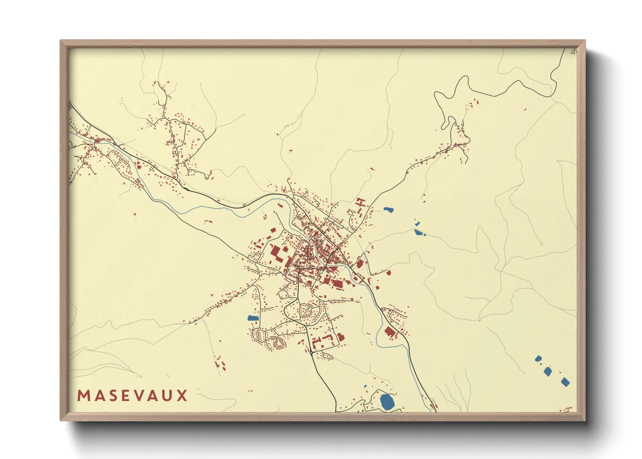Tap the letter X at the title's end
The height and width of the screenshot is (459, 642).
(x=182, y=396)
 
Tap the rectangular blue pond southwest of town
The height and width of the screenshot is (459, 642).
(x=252, y=318)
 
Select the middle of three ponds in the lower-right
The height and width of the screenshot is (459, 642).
(x=547, y=371)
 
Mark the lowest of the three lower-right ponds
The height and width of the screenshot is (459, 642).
(x=565, y=382)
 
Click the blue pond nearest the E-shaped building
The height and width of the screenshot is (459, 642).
(x=388, y=210)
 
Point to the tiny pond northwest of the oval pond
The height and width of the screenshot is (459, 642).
(x=365, y=386)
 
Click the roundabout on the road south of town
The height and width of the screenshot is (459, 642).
(x=311, y=353)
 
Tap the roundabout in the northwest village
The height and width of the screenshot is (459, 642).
(x=115, y=144)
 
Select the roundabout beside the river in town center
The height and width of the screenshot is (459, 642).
(x=329, y=256)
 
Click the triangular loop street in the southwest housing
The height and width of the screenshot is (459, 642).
(x=279, y=344)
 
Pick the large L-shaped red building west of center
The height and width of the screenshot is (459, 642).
(x=276, y=253)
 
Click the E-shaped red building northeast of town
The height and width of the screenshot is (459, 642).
(x=360, y=202)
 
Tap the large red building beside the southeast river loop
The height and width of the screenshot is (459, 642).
(x=390, y=332)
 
